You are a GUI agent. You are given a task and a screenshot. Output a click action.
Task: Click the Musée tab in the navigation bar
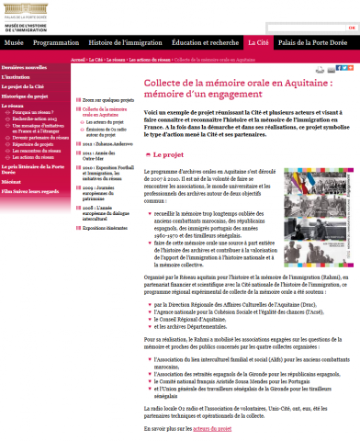[x=13, y=43]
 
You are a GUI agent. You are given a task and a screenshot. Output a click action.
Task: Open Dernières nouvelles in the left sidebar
[x=24, y=68]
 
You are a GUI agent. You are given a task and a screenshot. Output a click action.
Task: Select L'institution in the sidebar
[x=20, y=77]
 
